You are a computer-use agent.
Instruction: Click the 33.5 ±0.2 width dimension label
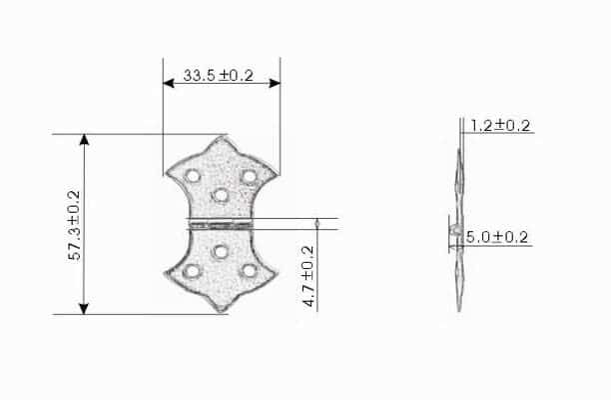coord(219,75)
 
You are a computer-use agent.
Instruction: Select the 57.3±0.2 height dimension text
coord(74,225)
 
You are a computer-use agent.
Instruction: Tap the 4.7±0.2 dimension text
coord(308,276)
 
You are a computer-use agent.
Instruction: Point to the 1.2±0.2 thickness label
coord(500,126)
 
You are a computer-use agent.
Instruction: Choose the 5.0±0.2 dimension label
coord(497,237)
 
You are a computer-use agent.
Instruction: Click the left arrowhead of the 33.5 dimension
coord(169,83)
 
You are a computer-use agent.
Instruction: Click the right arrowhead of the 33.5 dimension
coord(275,83)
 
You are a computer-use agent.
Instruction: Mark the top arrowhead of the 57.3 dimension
coord(84,140)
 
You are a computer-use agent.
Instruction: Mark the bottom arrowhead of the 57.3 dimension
coord(84,308)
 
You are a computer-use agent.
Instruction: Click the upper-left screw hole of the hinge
coord(193,176)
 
